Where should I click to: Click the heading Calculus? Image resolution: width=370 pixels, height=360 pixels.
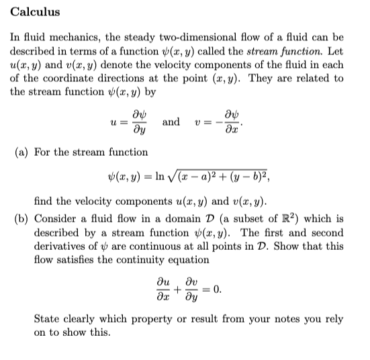point(35,12)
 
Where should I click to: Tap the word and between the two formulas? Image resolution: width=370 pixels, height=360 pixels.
point(171,122)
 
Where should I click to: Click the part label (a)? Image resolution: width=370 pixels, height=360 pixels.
point(21,152)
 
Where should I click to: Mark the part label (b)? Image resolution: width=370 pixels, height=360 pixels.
point(21,219)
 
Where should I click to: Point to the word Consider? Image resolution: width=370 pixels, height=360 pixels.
point(56,219)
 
